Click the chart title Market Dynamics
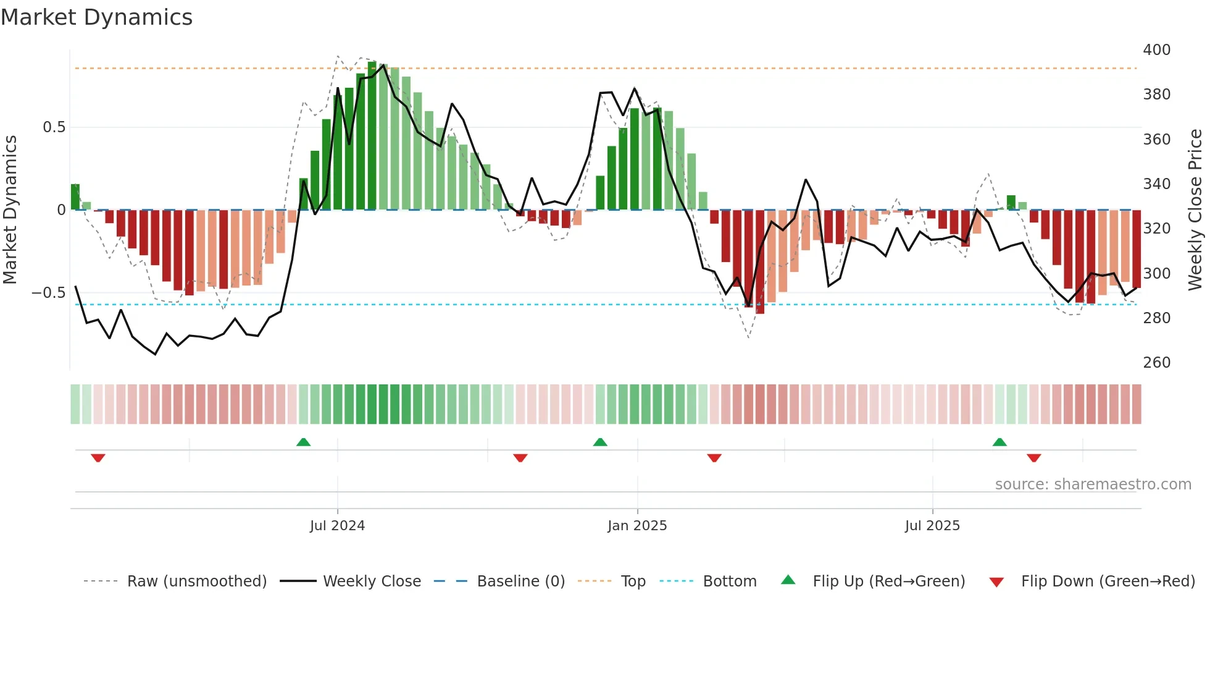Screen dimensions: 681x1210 click(97, 17)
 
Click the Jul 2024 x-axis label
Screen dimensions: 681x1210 click(337, 526)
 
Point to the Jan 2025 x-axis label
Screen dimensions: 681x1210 click(637, 526)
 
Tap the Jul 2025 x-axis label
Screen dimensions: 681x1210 click(932, 526)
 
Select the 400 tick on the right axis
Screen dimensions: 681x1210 click(1156, 50)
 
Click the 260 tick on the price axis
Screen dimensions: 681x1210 click(1156, 363)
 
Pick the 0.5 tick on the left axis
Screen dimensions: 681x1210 click(54, 127)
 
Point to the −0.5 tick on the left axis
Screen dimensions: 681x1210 click(49, 293)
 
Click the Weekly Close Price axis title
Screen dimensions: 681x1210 click(1195, 210)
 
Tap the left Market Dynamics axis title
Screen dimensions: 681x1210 click(10, 210)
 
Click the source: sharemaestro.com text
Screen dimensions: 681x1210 click(1093, 484)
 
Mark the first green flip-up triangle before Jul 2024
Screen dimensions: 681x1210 click(303, 442)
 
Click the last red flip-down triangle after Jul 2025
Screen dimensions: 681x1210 click(1034, 458)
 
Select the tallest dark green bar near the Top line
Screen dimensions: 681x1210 click(372, 136)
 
